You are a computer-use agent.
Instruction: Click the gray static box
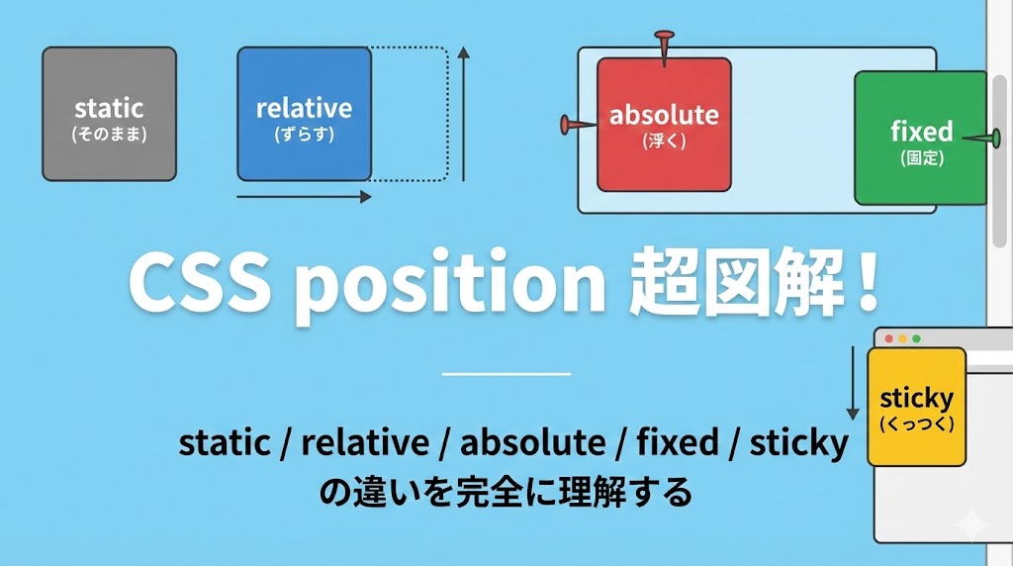tap(109, 114)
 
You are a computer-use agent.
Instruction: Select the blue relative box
tap(305, 114)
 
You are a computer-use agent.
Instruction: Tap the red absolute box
tap(664, 125)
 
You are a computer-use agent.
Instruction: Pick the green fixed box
tap(921, 139)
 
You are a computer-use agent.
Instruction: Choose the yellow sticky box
tap(917, 407)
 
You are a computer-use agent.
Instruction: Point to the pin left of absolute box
tap(578, 125)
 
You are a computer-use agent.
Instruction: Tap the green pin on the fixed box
tap(982, 138)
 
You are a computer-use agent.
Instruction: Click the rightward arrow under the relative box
tap(305, 197)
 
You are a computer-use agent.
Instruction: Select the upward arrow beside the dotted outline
tap(463, 115)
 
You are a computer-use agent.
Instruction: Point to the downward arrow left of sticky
tap(853, 383)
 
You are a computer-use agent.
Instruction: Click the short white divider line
tap(506, 373)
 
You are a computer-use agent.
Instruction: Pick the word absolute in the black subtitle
tap(533, 442)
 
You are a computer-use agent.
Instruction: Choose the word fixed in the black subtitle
tap(678, 442)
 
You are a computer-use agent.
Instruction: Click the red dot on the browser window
tap(889, 338)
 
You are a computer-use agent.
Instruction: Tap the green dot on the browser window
tap(916, 338)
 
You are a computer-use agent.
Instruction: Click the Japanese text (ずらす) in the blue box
tap(305, 135)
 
